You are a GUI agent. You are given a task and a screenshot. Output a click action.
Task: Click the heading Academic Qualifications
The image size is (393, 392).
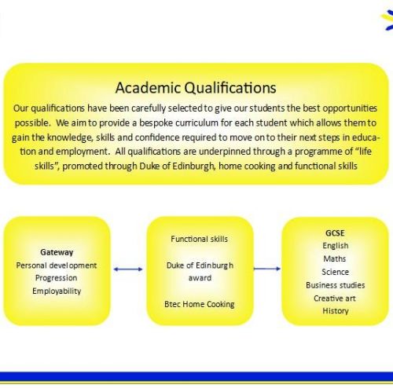pyautogui.click(x=196, y=88)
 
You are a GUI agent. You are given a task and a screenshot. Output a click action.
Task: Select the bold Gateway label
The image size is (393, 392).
pyautogui.click(x=57, y=252)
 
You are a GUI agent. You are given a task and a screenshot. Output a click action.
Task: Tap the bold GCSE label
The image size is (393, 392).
pyautogui.click(x=335, y=233)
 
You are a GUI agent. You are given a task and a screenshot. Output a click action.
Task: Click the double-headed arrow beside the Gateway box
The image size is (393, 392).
pyautogui.click(x=128, y=269)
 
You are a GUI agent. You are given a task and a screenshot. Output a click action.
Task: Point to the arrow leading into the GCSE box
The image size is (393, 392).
pyautogui.click(x=267, y=269)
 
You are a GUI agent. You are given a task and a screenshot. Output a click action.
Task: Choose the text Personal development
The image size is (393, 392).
pyautogui.click(x=57, y=266)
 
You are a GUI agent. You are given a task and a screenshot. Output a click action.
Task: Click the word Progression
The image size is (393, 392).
pyautogui.click(x=57, y=278)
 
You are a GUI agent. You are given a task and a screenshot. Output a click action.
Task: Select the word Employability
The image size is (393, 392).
pyautogui.click(x=57, y=291)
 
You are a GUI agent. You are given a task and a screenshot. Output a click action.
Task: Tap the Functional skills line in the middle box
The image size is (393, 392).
pyautogui.click(x=200, y=239)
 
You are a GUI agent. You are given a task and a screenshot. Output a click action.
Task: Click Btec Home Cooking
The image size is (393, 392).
pyautogui.click(x=200, y=304)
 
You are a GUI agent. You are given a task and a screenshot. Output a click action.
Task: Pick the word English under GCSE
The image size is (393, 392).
pyautogui.click(x=336, y=246)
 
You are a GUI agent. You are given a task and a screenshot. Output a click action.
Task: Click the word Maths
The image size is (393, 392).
pyautogui.click(x=335, y=258)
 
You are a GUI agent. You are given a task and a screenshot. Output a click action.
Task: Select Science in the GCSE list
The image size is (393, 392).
pyautogui.click(x=336, y=272)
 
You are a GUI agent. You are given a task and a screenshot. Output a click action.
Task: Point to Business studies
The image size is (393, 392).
pyautogui.click(x=336, y=285)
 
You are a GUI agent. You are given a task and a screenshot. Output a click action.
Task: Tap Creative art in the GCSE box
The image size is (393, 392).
pyautogui.click(x=335, y=299)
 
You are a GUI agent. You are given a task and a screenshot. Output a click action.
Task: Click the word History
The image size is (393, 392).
pyautogui.click(x=336, y=311)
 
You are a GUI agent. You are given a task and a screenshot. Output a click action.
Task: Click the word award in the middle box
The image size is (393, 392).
pyautogui.click(x=200, y=278)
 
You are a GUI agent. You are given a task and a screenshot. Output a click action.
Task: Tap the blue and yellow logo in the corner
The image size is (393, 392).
pyautogui.click(x=387, y=20)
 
